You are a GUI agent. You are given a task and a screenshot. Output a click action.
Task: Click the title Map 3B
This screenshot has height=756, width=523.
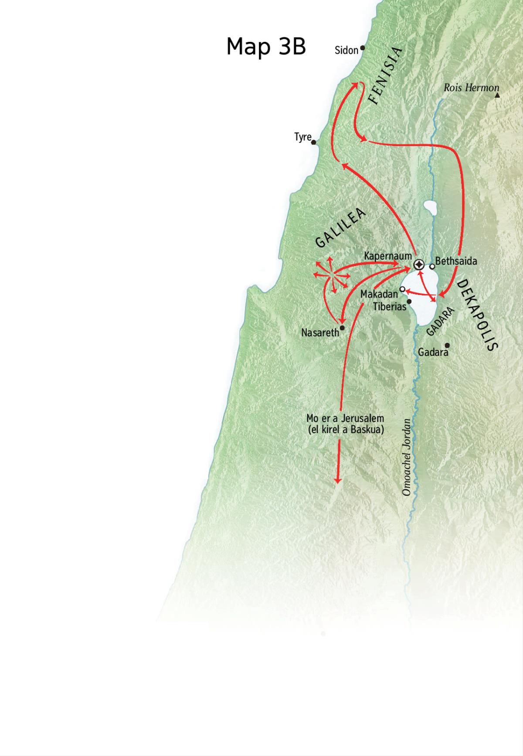266,46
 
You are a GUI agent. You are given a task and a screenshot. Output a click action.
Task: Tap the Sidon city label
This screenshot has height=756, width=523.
346,50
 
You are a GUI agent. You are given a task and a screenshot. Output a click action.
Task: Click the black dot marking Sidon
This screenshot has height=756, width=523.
362,48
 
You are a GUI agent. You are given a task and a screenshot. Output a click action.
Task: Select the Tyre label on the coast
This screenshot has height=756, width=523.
302,137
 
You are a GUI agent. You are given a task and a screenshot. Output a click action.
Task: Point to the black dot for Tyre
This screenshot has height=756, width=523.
313,142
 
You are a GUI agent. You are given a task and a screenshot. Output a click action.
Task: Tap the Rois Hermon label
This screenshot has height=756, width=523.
471,88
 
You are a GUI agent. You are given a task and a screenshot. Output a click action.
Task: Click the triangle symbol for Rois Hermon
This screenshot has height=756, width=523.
497,95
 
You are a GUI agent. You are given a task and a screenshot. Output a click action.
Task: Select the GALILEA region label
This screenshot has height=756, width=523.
340,228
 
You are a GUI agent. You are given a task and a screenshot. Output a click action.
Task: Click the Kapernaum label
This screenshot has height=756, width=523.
387,256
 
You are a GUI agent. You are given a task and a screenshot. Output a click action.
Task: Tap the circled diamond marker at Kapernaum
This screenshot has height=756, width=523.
419,264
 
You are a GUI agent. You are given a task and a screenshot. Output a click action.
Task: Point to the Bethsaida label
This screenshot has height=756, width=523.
456,261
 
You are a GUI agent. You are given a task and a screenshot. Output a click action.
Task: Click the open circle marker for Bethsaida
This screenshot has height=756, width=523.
432,266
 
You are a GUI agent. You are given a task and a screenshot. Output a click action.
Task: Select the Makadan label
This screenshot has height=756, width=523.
379,294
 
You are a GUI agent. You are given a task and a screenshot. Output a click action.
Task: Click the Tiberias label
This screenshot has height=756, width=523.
389,306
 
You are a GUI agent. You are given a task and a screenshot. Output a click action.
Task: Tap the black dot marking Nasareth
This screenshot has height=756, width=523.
342,328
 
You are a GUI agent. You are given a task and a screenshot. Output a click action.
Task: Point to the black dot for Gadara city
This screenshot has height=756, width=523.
447,345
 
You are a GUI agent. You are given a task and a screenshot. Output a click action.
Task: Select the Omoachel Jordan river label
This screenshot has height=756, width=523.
406,457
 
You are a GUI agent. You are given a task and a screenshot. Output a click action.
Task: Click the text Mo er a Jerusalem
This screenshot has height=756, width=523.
345,419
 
